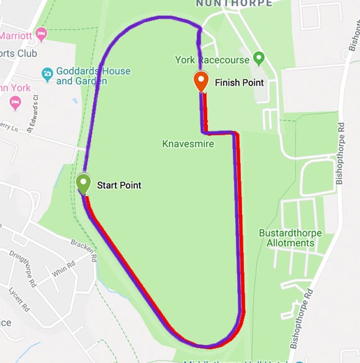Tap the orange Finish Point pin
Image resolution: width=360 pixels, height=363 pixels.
tap(200, 81)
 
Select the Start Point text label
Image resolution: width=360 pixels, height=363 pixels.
tap(119, 185)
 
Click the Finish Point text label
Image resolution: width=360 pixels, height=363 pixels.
tap(239, 83)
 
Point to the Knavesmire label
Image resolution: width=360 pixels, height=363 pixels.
tap(188, 144)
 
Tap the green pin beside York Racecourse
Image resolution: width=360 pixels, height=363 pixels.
tap(259, 60)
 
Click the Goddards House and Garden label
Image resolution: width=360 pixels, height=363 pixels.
tap(93, 76)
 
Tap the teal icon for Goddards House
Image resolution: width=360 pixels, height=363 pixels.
tap(47, 74)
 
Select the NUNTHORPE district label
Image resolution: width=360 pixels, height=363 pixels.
tap(233, 3)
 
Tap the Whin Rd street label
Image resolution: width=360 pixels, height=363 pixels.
tap(63, 270)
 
